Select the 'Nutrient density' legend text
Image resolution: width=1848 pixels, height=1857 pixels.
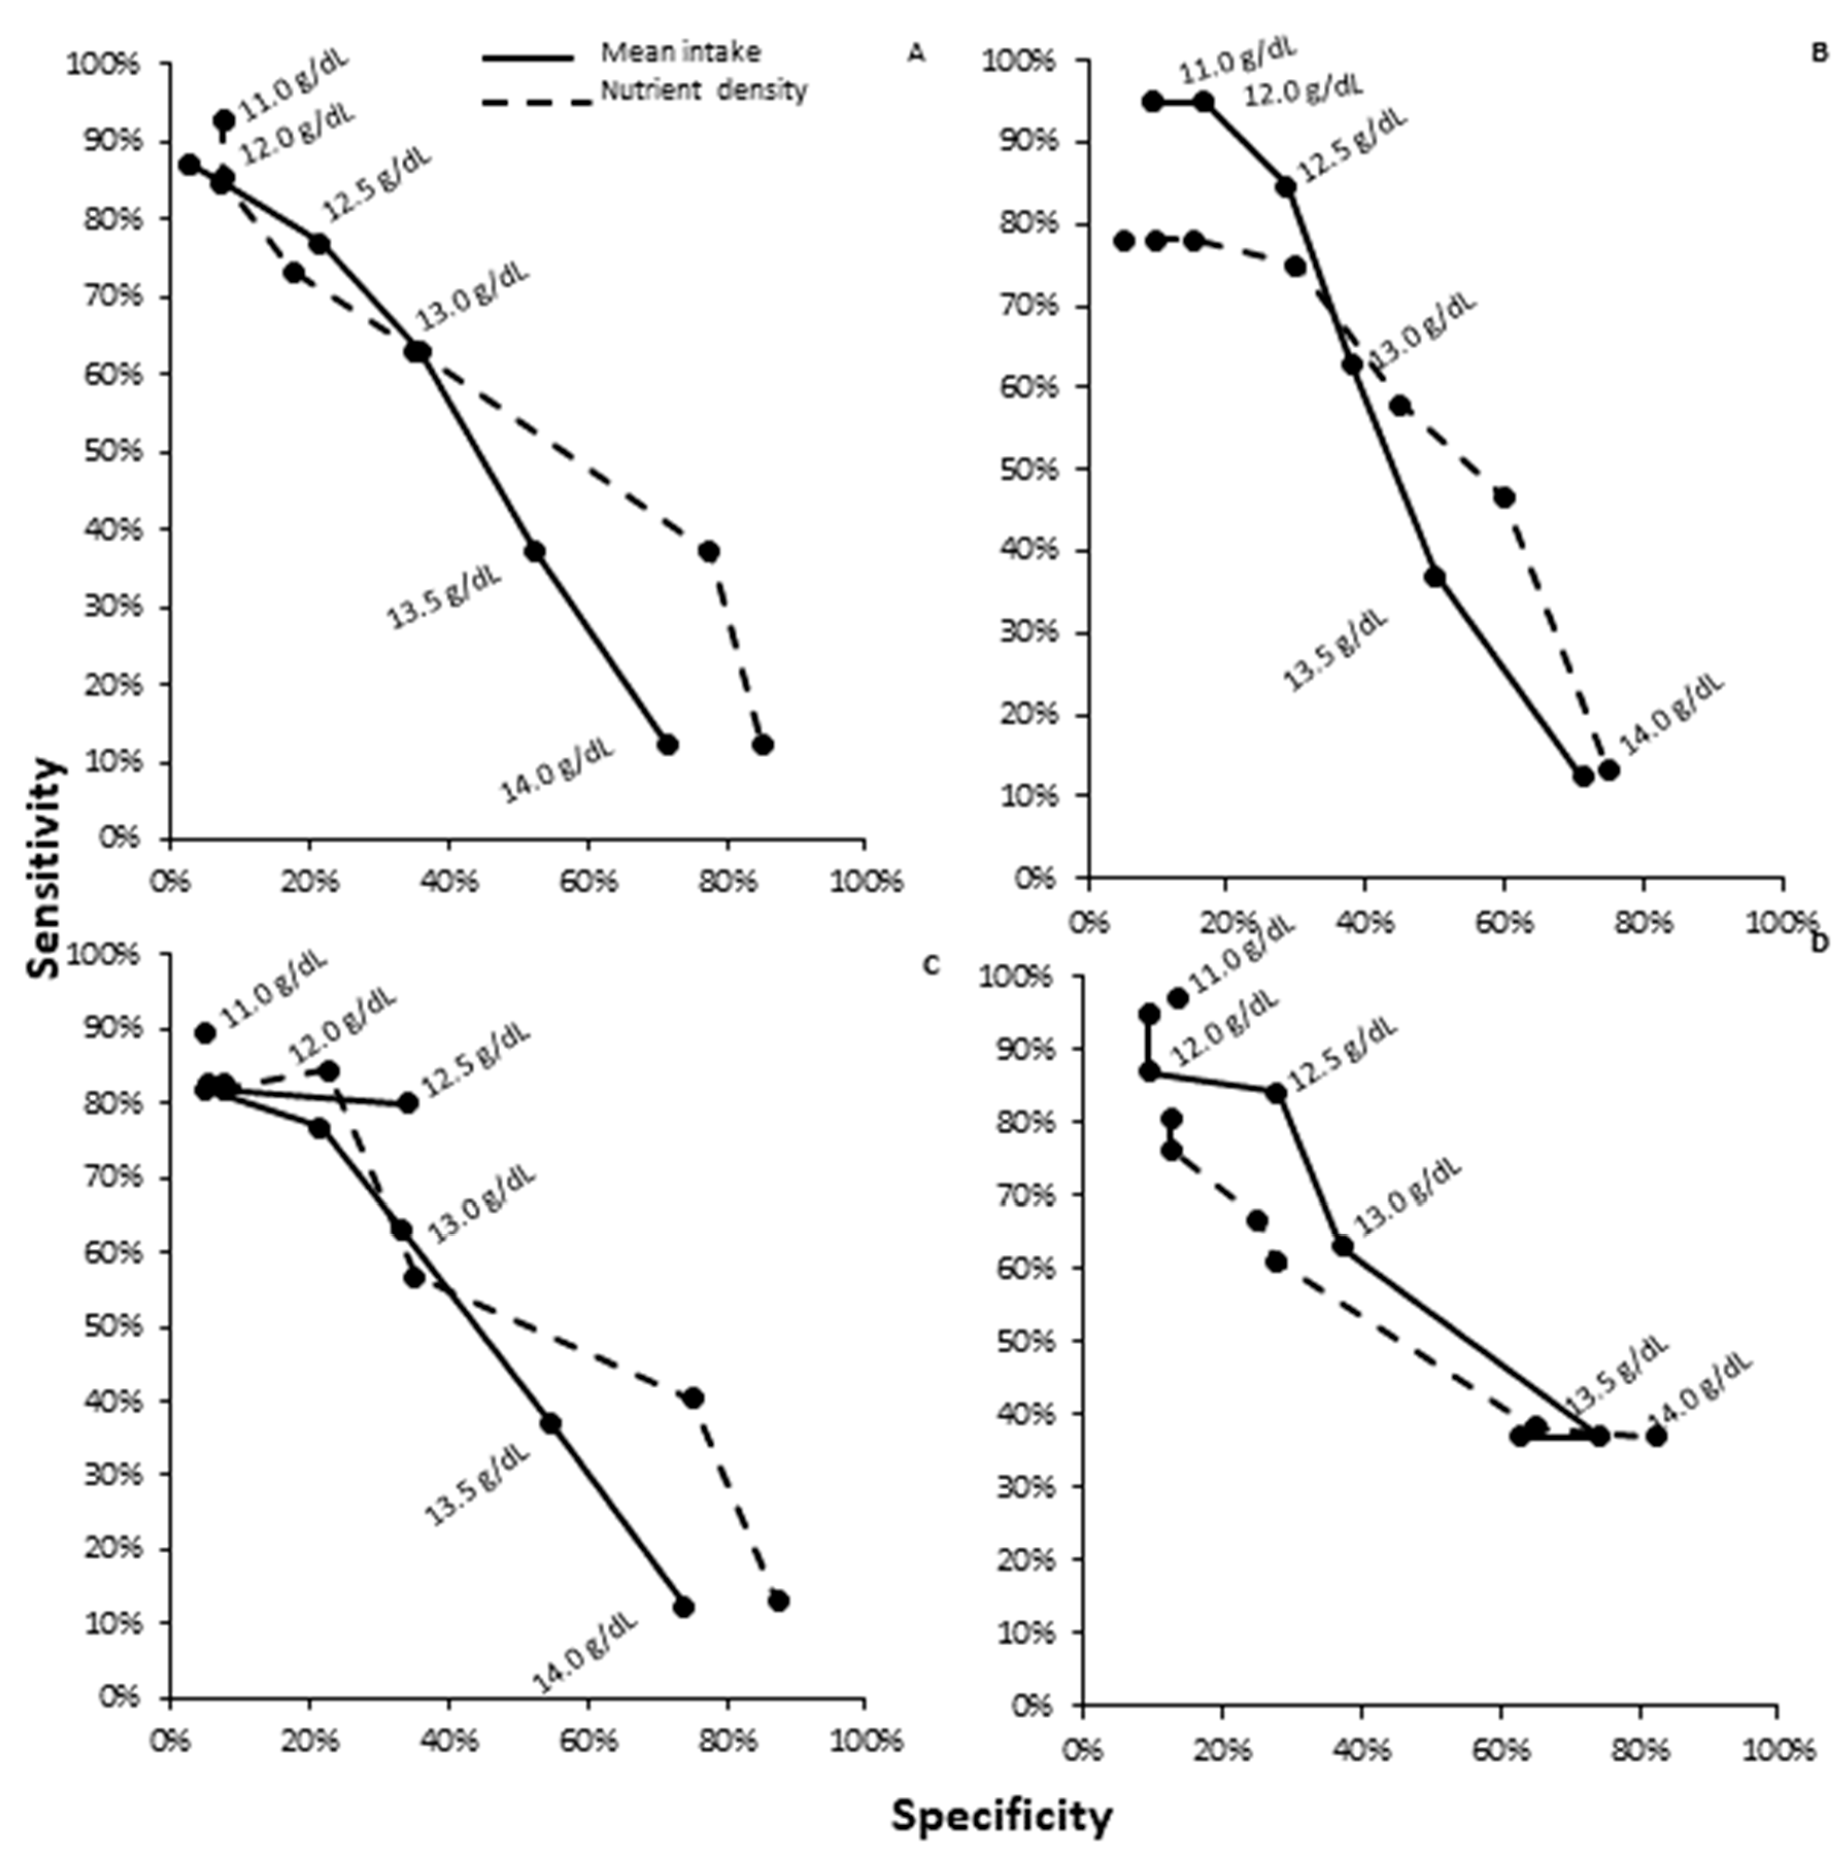coord(703,91)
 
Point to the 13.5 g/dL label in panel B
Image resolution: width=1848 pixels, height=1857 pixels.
coord(1336,651)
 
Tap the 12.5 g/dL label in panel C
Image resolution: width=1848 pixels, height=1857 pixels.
coord(476,1061)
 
